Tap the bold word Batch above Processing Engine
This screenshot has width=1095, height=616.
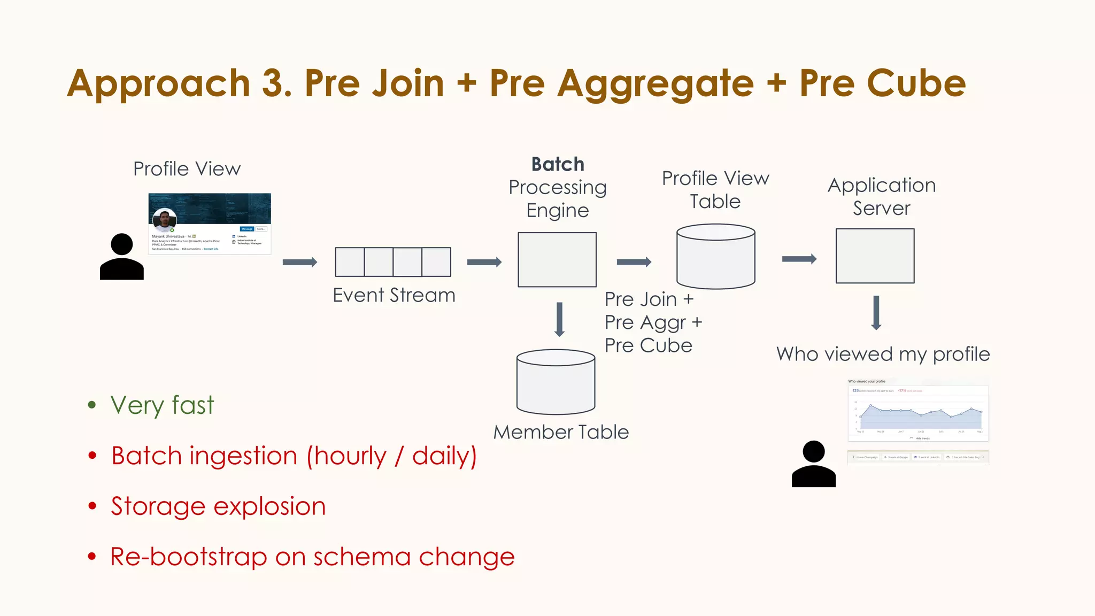(x=558, y=164)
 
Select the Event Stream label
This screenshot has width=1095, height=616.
(x=394, y=295)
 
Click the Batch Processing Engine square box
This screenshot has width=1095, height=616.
(x=557, y=259)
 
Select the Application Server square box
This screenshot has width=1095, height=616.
(x=875, y=256)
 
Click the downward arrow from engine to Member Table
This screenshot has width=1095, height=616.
(x=559, y=319)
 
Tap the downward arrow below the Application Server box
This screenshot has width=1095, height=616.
(x=876, y=313)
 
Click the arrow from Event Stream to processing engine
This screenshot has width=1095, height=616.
(x=484, y=262)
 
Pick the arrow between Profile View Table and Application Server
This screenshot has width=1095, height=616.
(x=799, y=259)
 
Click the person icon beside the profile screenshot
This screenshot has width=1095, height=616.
(x=122, y=257)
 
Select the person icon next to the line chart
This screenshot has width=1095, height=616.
(x=813, y=464)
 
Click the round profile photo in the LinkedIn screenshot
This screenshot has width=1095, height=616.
(x=164, y=220)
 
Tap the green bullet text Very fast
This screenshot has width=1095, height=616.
(x=162, y=405)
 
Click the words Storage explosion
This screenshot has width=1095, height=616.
(x=218, y=506)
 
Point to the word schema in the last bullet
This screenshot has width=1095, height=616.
(x=361, y=557)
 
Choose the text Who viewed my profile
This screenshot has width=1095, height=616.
(x=883, y=354)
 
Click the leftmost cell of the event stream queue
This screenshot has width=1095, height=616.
(x=350, y=262)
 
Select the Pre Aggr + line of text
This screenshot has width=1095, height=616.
(x=653, y=322)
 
